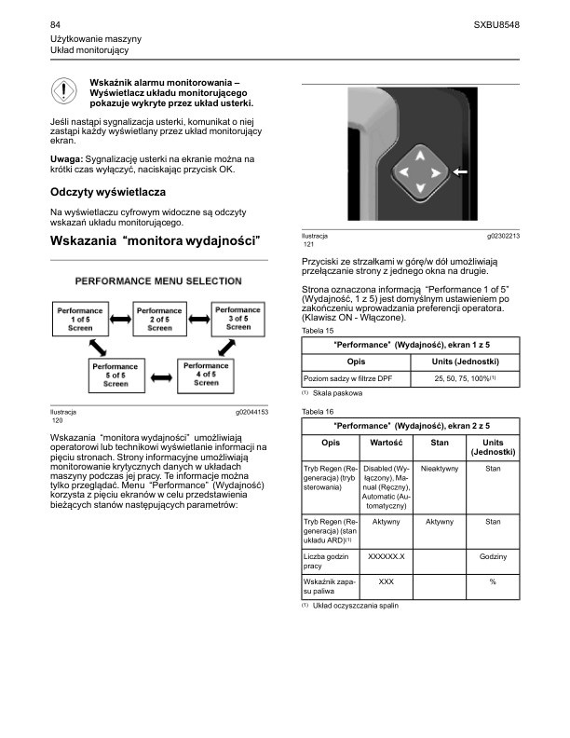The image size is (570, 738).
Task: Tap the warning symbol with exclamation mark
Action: [62, 94]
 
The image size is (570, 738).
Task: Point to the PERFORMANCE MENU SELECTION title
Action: [159, 280]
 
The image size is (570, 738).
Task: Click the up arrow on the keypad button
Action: [419, 154]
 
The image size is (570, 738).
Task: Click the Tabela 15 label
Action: [320, 331]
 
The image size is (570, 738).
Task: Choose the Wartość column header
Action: [386, 444]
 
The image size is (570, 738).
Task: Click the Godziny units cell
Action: [493, 556]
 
